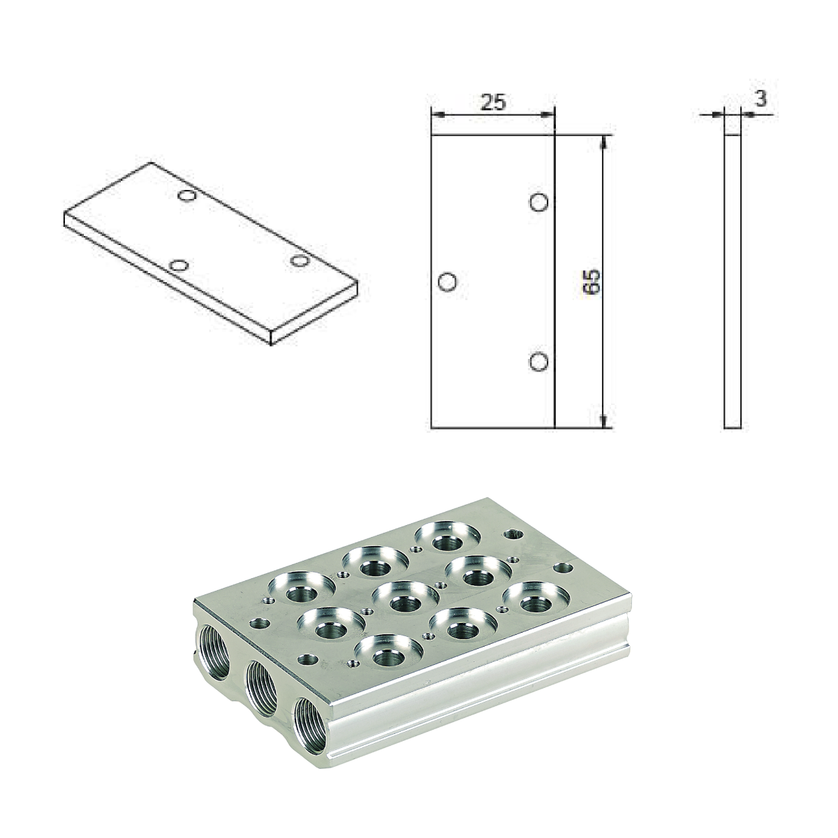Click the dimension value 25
(493, 102)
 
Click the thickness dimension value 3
(760, 99)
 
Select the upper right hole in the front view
(538, 203)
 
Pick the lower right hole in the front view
(538, 362)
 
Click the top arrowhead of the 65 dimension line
(605, 140)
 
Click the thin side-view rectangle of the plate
(732, 279)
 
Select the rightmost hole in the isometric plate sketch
(300, 261)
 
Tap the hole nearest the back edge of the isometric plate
(186, 196)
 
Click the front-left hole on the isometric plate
(179, 266)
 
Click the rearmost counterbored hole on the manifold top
(447, 538)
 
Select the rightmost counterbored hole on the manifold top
(536, 599)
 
